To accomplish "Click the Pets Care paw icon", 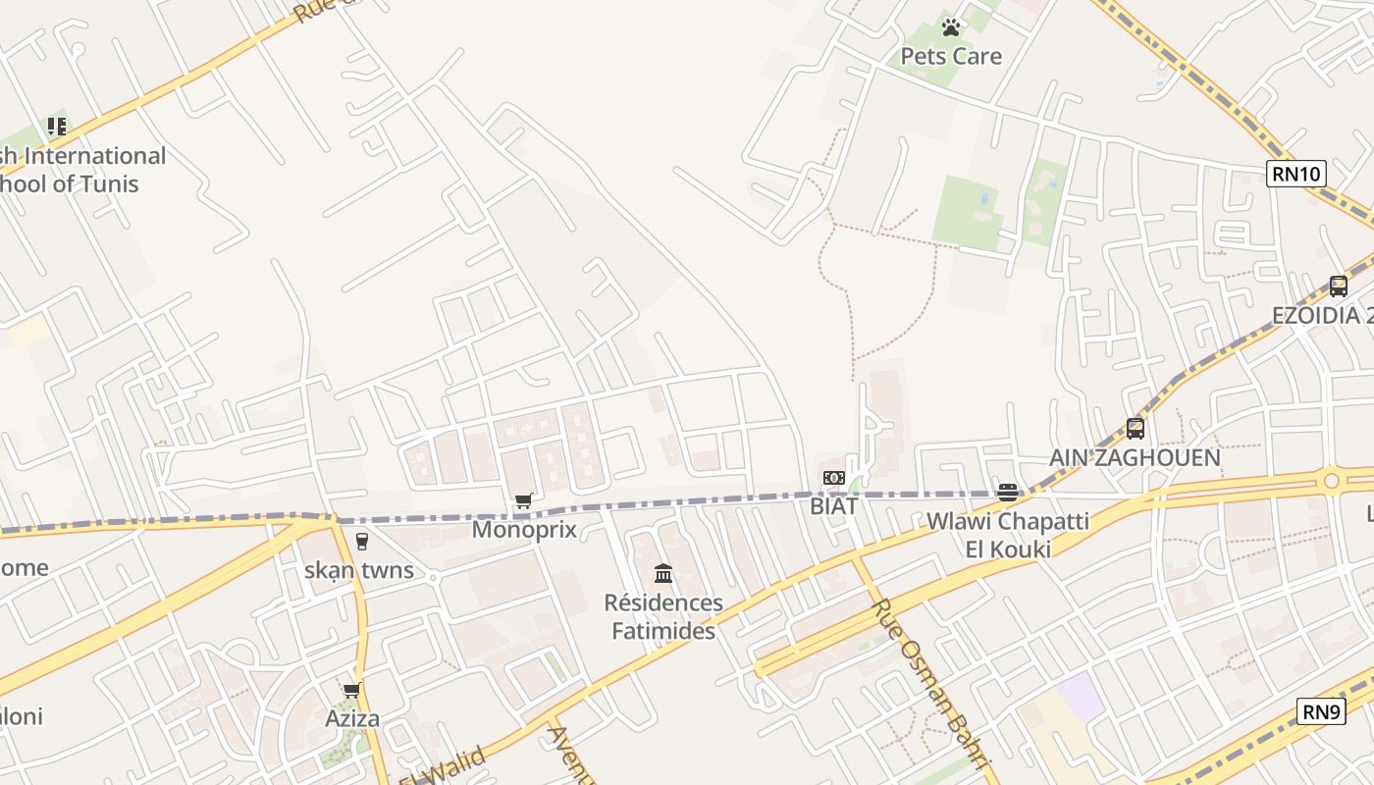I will tap(950, 27).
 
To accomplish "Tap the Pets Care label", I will tap(951, 56).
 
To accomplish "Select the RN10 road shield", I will tap(1295, 175).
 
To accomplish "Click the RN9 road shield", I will tap(1320, 711).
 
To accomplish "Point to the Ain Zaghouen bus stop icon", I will tap(1136, 429).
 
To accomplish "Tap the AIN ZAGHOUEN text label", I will tap(1135, 457).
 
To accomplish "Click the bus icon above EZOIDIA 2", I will tap(1338, 287).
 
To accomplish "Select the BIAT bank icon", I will tap(833, 478).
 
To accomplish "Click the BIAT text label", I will tap(833, 506).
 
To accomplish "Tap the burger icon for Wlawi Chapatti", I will tap(1007, 493).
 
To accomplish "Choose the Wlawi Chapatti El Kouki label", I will tap(1007, 535).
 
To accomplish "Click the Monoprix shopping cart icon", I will tap(524, 501).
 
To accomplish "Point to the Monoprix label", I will tap(524, 530).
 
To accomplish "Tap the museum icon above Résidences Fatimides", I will tap(663, 573).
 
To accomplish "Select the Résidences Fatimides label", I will tap(663, 616).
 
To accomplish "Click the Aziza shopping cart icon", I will tap(352, 691).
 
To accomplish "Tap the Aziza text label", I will tap(352, 719).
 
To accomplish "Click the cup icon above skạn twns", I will tap(361, 542).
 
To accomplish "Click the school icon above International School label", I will tap(57, 127).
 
